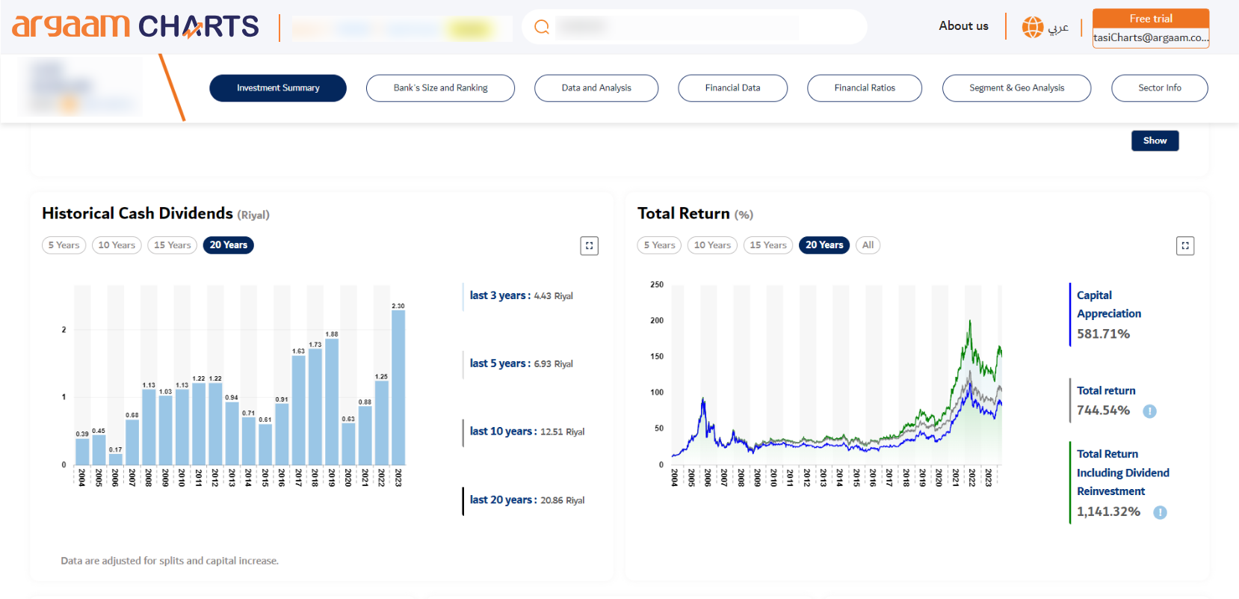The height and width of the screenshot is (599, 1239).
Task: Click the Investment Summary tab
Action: [x=278, y=88]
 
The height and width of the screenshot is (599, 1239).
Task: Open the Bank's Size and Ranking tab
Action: [x=440, y=88]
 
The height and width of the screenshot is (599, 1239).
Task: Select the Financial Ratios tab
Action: [x=864, y=88]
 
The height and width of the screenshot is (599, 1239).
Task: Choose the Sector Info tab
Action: [x=1159, y=88]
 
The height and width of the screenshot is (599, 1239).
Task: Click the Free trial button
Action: [x=1150, y=19]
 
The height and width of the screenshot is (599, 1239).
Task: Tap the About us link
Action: [x=963, y=26]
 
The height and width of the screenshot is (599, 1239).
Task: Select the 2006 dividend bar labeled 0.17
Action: [x=115, y=459]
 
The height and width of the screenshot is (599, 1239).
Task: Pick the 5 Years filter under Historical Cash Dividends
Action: [x=64, y=245]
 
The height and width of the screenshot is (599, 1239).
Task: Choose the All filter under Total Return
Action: [x=868, y=245]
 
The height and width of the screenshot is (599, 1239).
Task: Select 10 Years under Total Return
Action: [x=712, y=245]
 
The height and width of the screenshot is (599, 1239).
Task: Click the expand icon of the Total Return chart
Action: [x=1184, y=246]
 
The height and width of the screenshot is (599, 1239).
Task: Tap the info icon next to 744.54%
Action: [x=1149, y=411]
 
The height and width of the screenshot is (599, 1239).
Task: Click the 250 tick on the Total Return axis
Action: [x=657, y=285]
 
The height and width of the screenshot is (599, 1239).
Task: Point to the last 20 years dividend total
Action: [x=527, y=500]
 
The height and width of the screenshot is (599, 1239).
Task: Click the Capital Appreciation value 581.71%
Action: [x=1103, y=334]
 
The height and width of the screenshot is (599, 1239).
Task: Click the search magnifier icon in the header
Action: [x=542, y=28]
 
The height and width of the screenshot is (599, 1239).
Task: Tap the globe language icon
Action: [x=1033, y=27]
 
